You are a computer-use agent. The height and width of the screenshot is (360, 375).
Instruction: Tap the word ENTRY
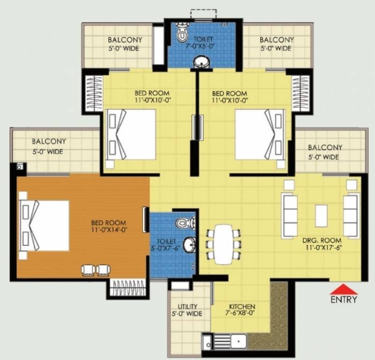[x=344, y=300]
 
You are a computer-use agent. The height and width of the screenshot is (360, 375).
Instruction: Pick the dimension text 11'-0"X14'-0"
[x=109, y=230]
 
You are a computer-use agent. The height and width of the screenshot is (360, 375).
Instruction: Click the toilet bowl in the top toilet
[x=181, y=34]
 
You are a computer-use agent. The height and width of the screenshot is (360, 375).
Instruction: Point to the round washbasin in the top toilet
[x=202, y=61]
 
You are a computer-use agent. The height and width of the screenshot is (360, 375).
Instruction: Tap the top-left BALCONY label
[x=125, y=40]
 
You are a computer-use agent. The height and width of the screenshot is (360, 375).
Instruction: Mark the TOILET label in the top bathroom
[x=203, y=39]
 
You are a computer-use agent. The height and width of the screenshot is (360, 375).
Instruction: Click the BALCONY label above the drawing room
[x=325, y=147]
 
